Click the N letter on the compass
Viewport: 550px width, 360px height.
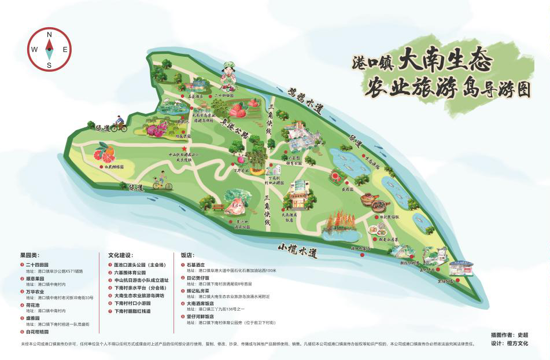click(x=49, y=35)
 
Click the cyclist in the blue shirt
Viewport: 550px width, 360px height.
click(x=119, y=123)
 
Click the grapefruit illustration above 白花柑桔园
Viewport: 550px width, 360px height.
click(x=104, y=153)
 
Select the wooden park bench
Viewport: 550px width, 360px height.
click(x=218, y=207)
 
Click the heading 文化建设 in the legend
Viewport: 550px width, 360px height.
click(x=121, y=255)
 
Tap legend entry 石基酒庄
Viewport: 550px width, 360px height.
click(x=197, y=265)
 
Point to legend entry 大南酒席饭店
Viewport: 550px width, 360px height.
click(x=200, y=302)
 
